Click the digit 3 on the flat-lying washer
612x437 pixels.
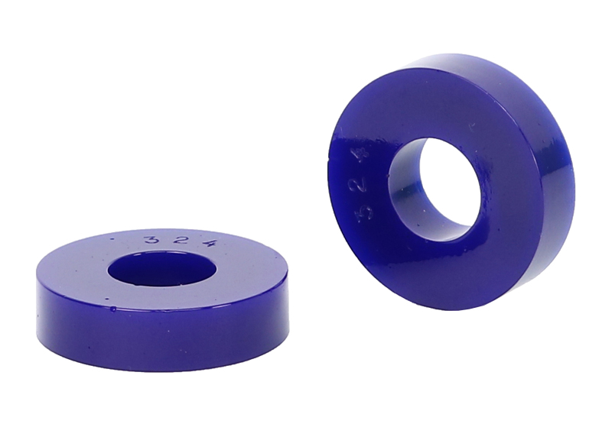(151, 240)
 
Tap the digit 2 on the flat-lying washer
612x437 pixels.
(179, 241)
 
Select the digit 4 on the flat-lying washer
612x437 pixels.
(204, 243)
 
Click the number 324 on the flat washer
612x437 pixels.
(178, 241)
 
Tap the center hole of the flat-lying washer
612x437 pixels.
(162, 270)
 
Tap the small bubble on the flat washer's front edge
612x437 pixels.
(113, 309)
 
